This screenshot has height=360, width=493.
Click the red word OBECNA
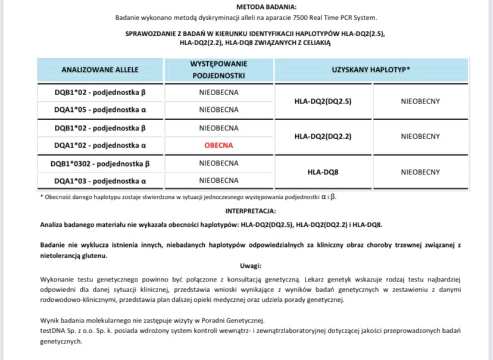(219, 145)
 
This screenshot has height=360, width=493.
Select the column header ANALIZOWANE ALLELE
(100, 70)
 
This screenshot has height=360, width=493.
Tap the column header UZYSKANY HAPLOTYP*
(371, 70)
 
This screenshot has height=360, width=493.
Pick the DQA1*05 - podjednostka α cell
(100, 109)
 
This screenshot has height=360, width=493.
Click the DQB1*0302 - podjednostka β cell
(100, 162)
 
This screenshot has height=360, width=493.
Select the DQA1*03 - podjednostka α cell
(100, 180)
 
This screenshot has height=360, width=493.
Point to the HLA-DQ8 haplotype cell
(323, 171)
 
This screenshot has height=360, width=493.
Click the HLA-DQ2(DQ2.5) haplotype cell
(323, 101)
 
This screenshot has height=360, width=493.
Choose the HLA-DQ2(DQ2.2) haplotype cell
(323, 136)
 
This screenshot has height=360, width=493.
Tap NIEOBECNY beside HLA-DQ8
(420, 171)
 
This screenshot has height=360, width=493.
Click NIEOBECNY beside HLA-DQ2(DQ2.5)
(420, 101)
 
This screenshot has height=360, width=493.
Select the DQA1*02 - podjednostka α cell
(100, 145)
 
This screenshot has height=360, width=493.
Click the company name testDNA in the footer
(54, 330)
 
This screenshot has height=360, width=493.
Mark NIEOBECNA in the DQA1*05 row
(219, 109)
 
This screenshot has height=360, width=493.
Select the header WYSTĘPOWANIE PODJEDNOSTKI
(219, 70)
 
